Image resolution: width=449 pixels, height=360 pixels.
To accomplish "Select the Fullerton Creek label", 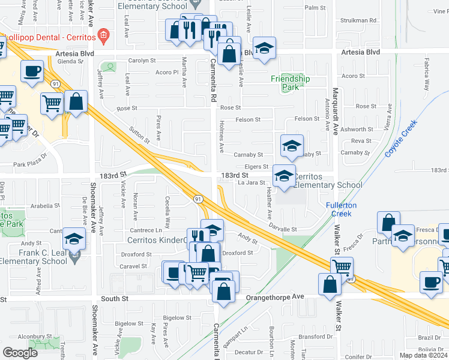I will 341,209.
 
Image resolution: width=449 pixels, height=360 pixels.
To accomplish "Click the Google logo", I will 20,352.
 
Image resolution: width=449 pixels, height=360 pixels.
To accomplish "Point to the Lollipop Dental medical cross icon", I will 103,36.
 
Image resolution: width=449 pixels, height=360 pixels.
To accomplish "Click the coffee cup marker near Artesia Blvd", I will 31,71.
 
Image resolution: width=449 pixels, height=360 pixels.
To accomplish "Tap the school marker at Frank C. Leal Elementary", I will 74,240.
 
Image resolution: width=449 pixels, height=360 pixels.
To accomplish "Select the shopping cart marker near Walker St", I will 342,267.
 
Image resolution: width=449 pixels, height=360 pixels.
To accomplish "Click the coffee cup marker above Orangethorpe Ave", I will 431,282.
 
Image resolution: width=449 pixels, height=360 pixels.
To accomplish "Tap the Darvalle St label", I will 283,229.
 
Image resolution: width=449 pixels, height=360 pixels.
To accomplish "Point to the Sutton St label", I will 139,135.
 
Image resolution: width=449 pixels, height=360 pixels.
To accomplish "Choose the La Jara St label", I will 252,182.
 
